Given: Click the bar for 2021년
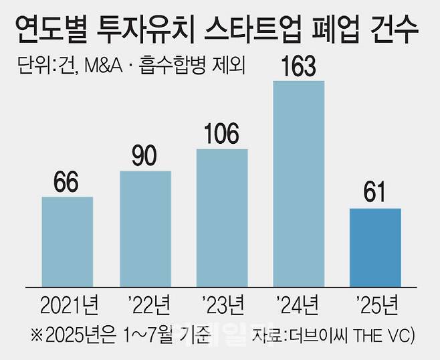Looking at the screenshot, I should [67, 241].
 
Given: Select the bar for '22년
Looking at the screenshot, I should [145, 228].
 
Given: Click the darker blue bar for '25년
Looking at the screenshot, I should [375, 247].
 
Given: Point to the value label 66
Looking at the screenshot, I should [67, 181].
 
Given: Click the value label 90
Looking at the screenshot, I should [145, 155].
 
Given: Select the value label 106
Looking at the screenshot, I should [222, 133].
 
